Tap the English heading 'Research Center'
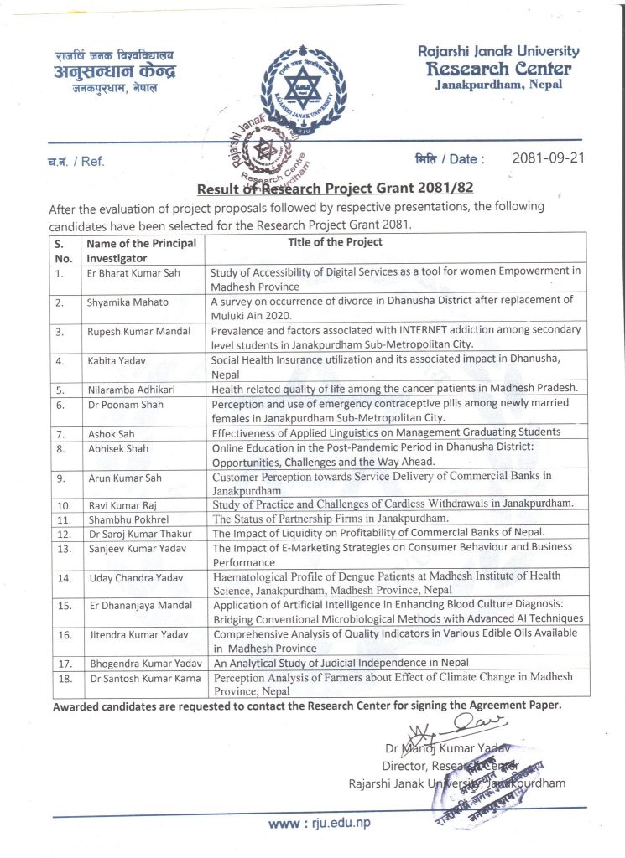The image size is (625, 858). [498, 69]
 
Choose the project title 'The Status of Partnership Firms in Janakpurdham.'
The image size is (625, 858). [330, 518]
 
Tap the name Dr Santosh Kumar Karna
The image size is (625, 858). [144, 677]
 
